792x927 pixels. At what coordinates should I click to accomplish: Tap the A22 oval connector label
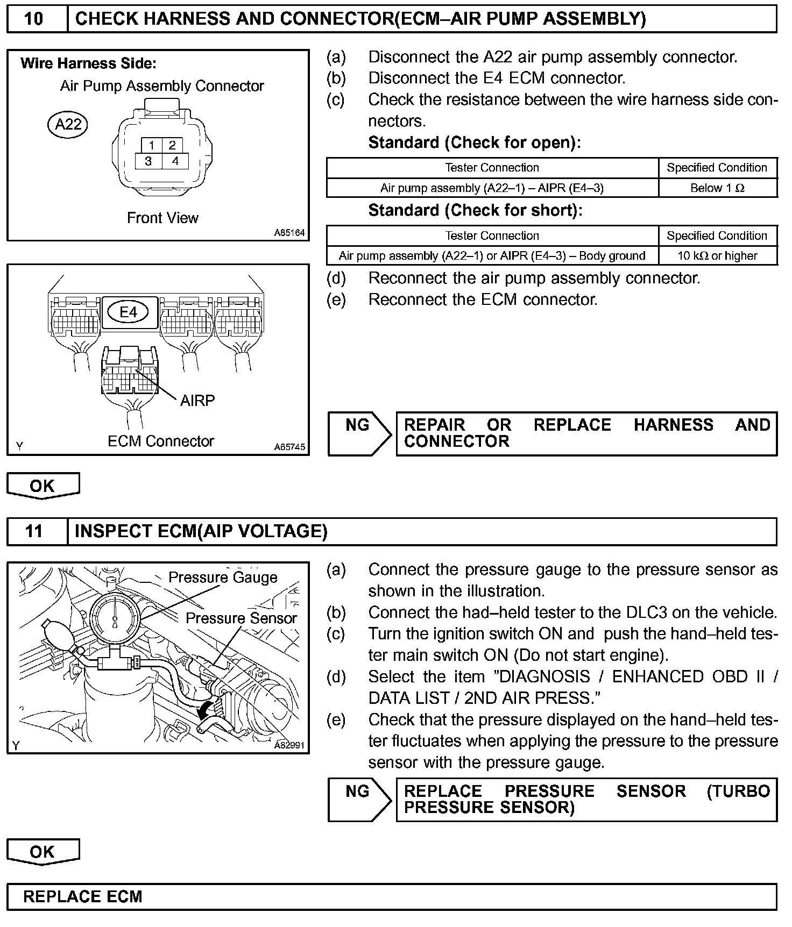tap(68, 125)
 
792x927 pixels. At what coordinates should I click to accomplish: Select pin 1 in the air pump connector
tap(152, 145)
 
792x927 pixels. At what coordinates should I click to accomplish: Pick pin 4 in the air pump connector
tap(175, 161)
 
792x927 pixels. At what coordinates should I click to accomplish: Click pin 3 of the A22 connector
tap(148, 161)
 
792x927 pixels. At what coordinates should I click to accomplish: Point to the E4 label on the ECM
tap(128, 311)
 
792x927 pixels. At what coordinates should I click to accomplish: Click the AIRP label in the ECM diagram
tap(197, 400)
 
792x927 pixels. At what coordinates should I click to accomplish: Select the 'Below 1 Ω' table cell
tap(717, 188)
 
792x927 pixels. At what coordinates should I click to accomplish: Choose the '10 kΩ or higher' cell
tap(717, 255)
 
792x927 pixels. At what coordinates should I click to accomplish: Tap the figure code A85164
tap(289, 233)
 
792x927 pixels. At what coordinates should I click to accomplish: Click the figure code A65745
tap(289, 447)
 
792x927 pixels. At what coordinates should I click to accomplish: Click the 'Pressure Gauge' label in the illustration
tap(223, 577)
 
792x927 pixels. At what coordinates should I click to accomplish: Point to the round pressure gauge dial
tap(116, 618)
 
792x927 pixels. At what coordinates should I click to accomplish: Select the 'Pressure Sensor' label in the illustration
tap(241, 618)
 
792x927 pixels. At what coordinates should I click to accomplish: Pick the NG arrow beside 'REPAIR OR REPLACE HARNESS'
tap(359, 433)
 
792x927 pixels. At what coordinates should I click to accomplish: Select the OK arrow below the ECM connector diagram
tap(43, 486)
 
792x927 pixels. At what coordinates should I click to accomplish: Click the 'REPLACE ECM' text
tap(83, 896)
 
